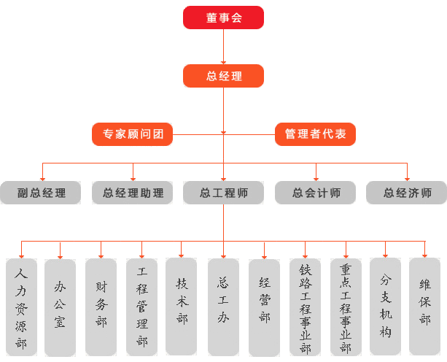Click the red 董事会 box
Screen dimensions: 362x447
coord(223,18)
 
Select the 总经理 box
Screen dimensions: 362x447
coord(223,76)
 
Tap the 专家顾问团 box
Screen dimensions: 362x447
coord(132,134)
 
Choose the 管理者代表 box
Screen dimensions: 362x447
coord(315,134)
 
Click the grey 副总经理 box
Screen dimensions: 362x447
coord(41,193)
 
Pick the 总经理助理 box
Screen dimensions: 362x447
coord(132,193)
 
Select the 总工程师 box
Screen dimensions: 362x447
coord(223,193)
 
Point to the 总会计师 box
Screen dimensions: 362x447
coord(315,193)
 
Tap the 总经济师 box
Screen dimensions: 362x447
coord(406,193)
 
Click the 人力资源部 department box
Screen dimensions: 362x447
coord(21,307)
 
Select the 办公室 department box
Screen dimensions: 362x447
coord(60,307)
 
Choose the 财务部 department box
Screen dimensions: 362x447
coord(101,307)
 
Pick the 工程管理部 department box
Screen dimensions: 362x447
coord(141,307)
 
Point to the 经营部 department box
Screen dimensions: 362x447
coord(264,307)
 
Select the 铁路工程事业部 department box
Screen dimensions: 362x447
coord(305,307)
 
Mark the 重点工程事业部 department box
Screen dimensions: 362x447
coord(346,307)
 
